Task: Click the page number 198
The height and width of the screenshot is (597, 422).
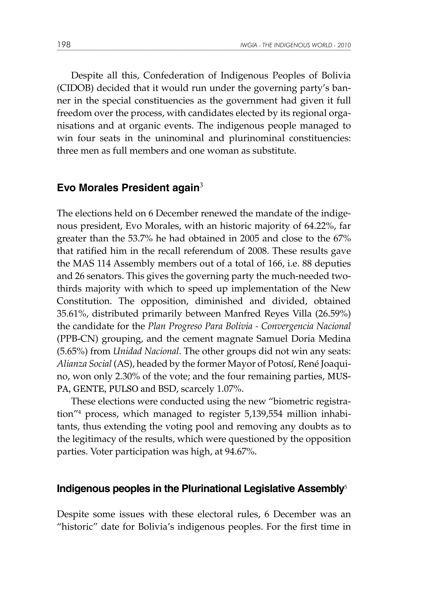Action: click(x=64, y=45)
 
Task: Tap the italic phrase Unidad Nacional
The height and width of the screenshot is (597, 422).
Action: click(x=146, y=351)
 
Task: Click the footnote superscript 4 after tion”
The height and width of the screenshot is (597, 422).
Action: click(x=80, y=411)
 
